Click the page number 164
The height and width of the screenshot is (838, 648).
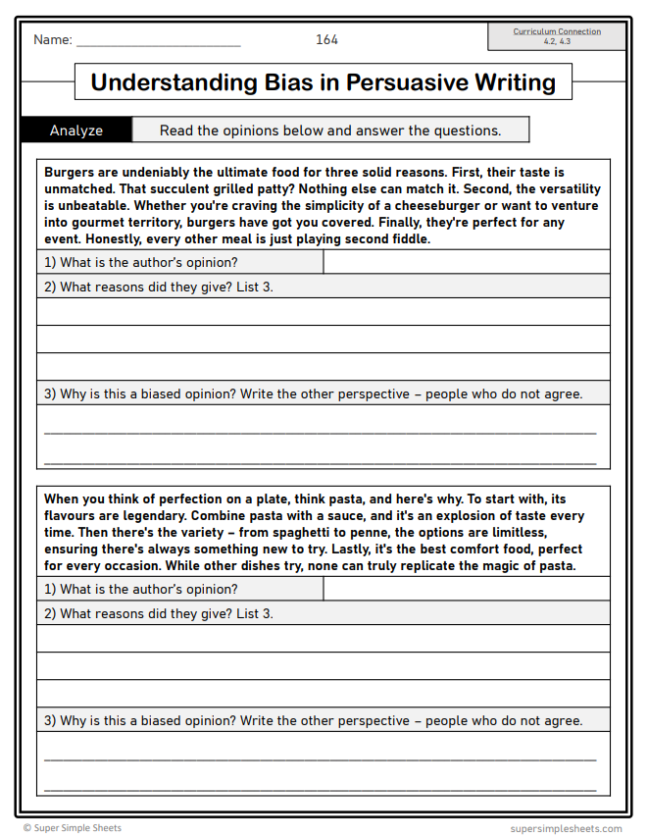coord(326,39)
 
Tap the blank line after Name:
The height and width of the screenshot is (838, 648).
coord(158,41)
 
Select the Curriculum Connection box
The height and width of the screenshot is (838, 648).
coord(557,36)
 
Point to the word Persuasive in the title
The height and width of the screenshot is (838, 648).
coord(403,82)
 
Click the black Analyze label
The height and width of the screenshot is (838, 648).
coord(76,131)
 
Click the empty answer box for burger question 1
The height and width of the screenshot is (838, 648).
coord(466,262)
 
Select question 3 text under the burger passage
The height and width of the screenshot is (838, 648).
coord(314,394)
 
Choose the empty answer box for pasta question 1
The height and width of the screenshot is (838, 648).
coord(466,589)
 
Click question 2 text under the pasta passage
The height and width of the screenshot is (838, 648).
coord(159,613)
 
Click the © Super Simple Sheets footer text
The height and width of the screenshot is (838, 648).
coord(73,828)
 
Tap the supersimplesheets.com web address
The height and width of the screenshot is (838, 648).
coord(566,828)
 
